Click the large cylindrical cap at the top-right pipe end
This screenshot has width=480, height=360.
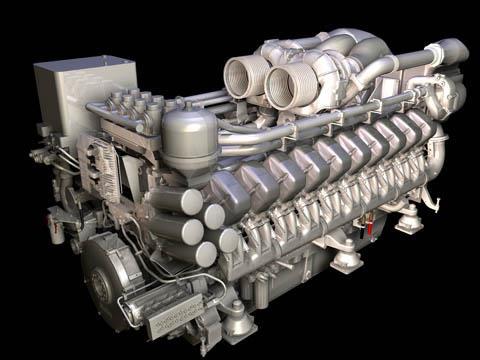pyautogui.click(x=449, y=54)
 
